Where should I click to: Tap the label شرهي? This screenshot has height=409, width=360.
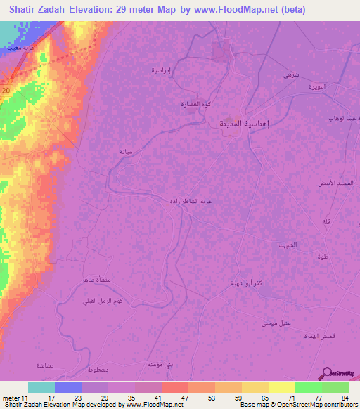click(x=290, y=74)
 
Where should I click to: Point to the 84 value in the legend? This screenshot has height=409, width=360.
click(x=344, y=398)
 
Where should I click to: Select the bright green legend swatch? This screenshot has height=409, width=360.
click(x=308, y=387)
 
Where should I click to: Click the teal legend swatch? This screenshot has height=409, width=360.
click(x=41, y=387)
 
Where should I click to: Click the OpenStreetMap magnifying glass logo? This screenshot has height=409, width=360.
click(x=326, y=375)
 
